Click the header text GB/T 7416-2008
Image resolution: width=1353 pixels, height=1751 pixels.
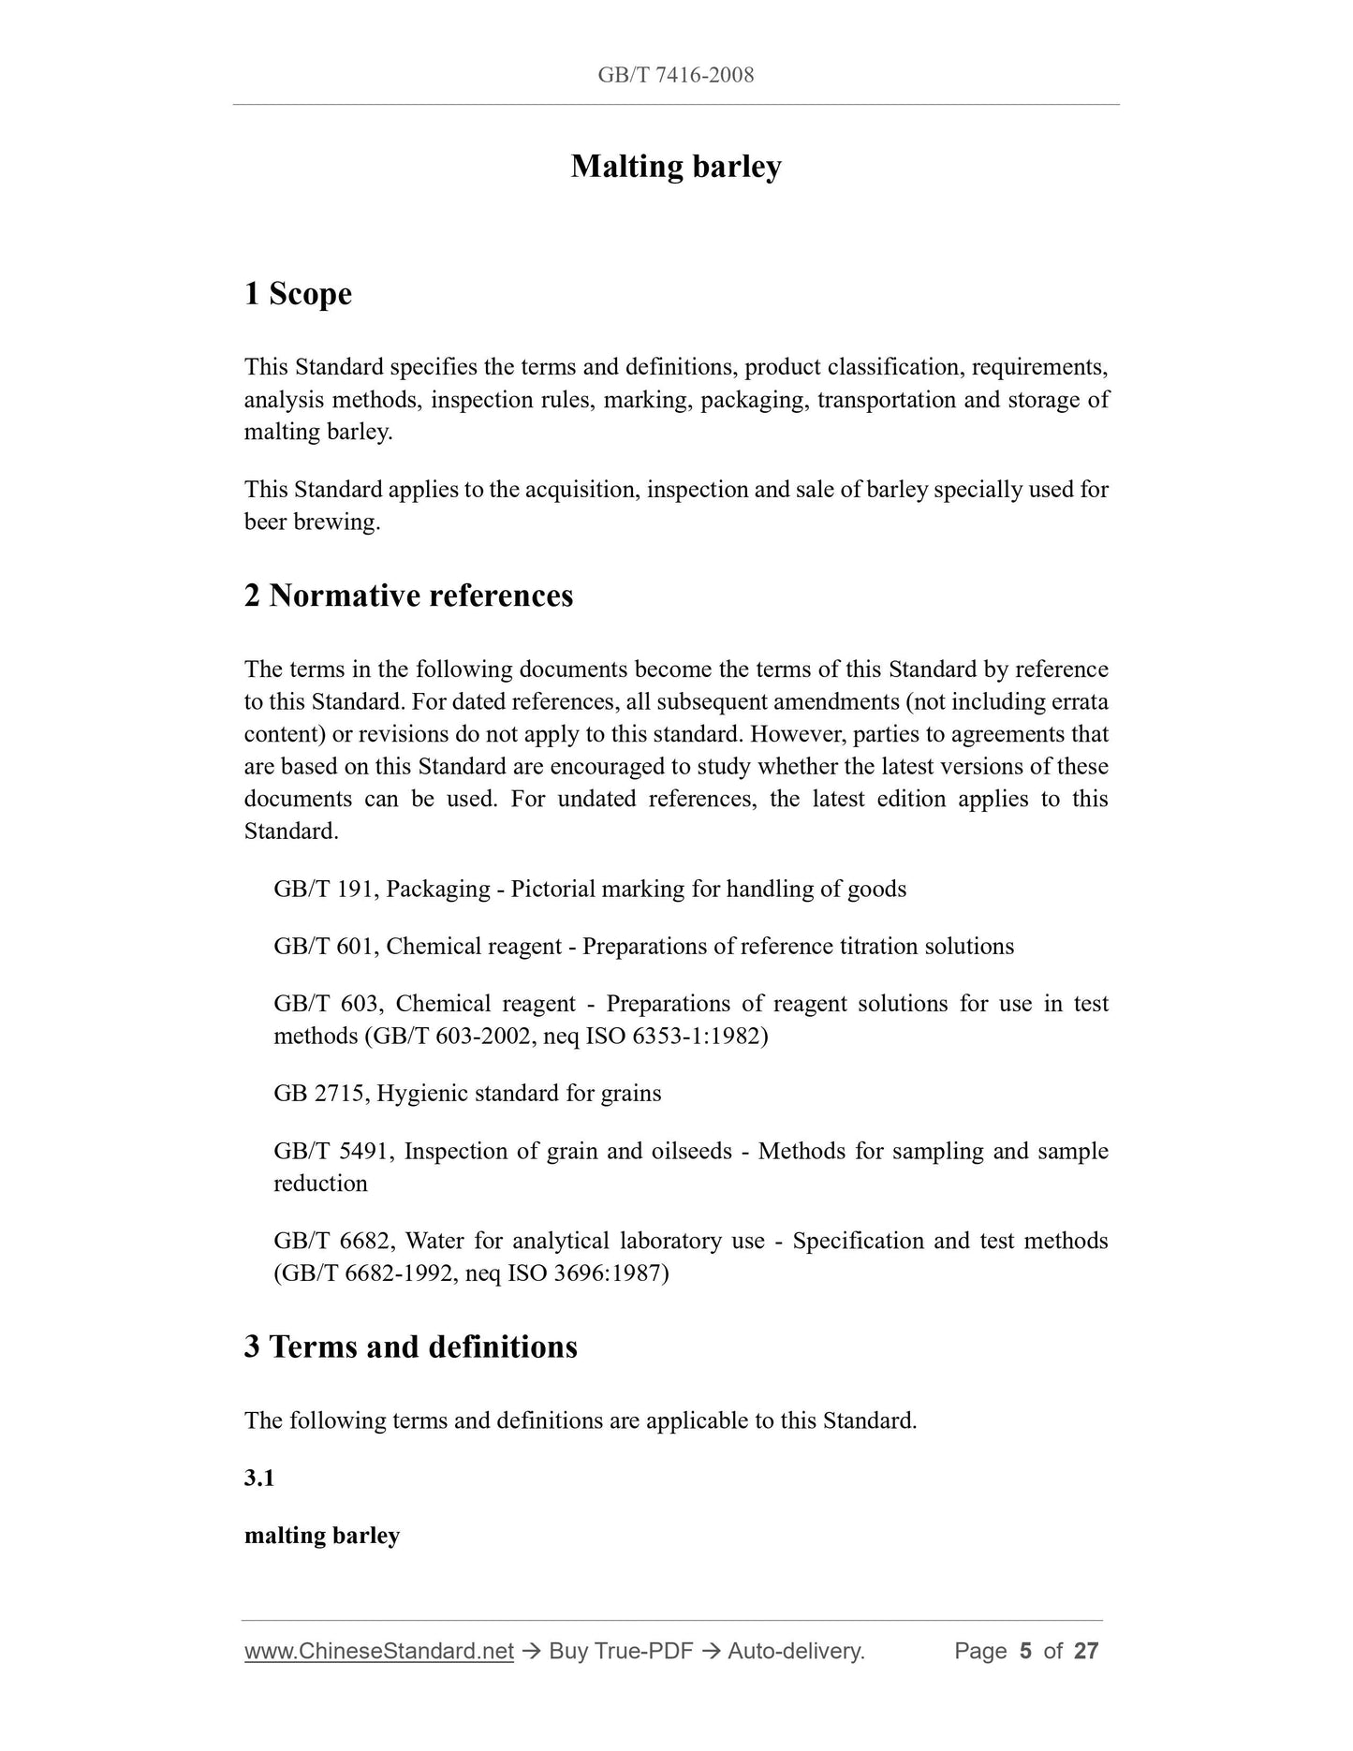point(675,75)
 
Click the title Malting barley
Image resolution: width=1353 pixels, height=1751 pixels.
point(675,167)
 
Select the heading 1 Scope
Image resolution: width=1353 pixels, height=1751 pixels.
point(298,294)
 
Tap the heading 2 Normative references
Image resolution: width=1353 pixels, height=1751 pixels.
point(408,596)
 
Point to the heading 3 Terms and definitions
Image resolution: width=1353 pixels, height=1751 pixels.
point(410,1346)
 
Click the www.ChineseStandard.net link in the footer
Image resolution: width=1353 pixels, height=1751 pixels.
point(379,1651)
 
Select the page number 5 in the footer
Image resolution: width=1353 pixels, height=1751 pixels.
point(1025,1651)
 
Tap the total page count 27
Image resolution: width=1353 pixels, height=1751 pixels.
point(1085,1651)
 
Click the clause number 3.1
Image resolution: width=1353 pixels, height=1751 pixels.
point(259,1479)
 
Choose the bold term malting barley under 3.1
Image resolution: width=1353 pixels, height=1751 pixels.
point(322,1536)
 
